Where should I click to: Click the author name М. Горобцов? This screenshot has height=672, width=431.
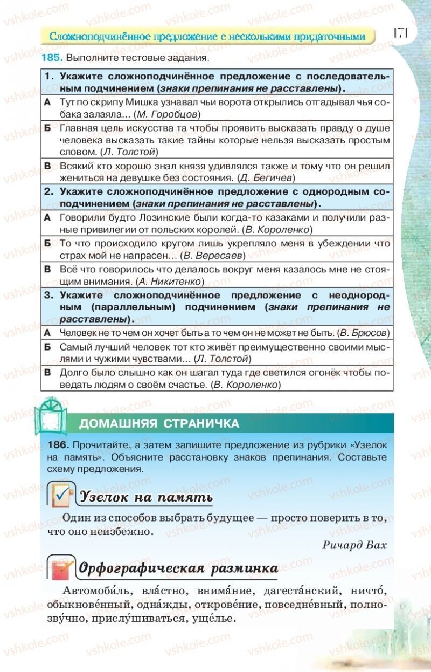169,114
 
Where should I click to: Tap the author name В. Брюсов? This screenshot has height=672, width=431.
364,333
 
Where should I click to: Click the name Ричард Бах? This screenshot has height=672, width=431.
354,544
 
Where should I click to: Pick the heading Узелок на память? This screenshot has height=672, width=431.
146,497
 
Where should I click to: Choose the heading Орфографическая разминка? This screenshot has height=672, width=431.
178,568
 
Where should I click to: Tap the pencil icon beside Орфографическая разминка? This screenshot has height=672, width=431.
60,567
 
